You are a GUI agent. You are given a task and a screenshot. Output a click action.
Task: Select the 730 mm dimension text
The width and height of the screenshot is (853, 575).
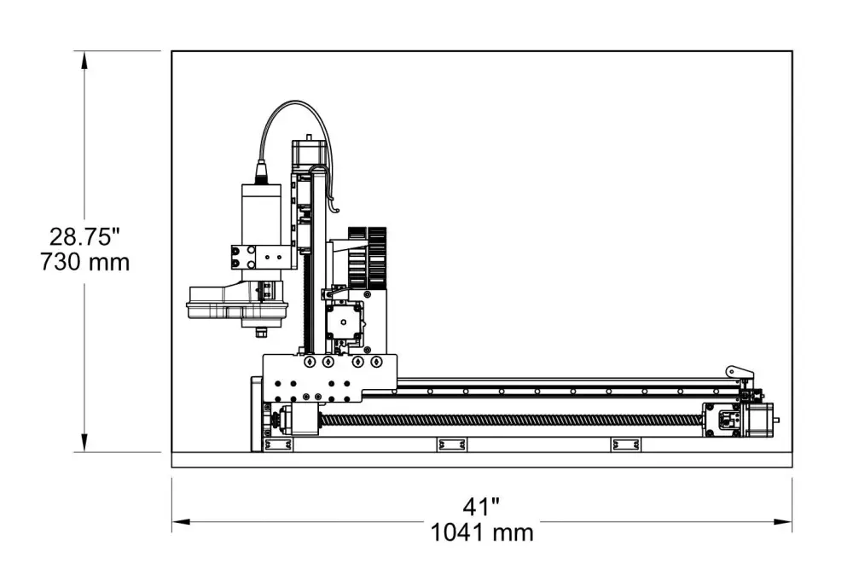(x=84, y=262)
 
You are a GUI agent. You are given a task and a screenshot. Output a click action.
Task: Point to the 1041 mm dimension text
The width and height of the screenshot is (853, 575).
(x=482, y=533)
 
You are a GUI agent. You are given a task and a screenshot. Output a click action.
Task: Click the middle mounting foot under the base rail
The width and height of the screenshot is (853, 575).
(x=451, y=444)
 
